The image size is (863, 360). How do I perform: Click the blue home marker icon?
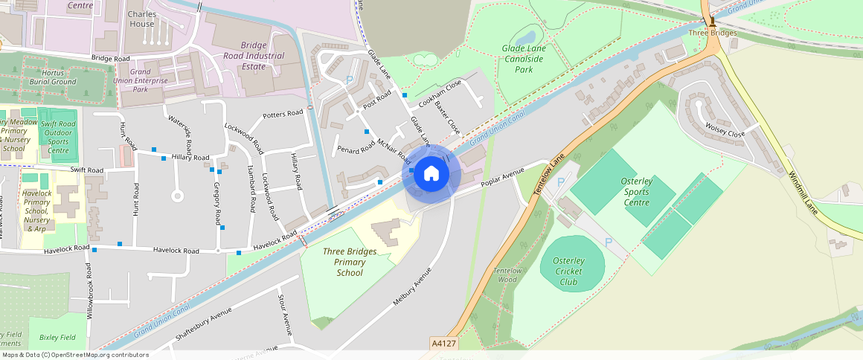click(x=431, y=174)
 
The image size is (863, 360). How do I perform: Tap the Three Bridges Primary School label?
click(x=350, y=262)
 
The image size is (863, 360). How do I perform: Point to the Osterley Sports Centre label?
click(x=637, y=191)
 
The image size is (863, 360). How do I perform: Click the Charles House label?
click(x=141, y=19)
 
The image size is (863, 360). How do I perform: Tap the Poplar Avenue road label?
click(x=503, y=179)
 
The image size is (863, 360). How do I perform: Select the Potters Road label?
click(x=283, y=113)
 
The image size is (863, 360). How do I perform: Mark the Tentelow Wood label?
click(x=507, y=275)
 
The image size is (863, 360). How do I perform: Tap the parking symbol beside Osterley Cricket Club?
click(x=609, y=242)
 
